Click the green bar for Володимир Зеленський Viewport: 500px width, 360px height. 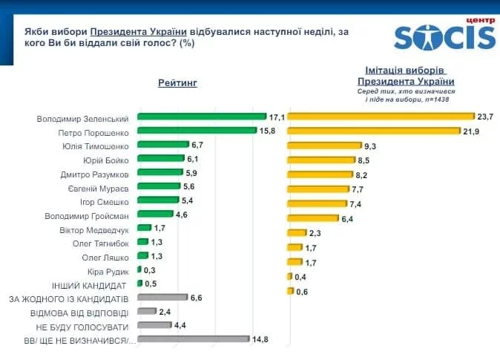point(201,117)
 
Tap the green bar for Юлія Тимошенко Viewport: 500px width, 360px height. point(163,145)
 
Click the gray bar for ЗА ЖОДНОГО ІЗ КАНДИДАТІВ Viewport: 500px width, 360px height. point(162,298)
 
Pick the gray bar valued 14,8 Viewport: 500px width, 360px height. point(193,339)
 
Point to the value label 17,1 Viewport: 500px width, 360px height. point(277,117)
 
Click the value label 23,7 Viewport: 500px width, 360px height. point(486,117)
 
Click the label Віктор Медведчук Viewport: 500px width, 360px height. point(94,229)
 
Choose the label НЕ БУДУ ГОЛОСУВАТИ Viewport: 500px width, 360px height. point(82,327)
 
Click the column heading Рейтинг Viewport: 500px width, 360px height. point(177,82)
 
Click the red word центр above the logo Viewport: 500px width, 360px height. point(478,20)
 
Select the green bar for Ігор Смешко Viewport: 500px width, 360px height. point(158,200)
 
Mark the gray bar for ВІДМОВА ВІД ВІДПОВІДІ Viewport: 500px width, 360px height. point(147,312)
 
